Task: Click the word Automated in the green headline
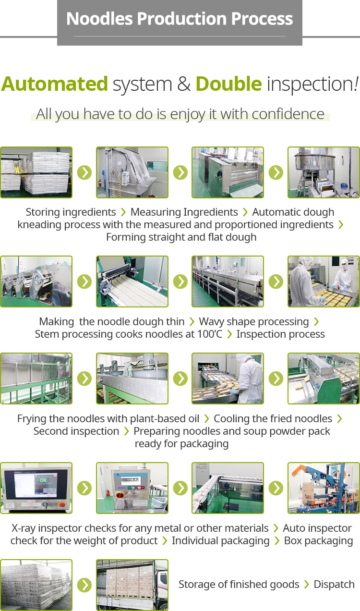click(55, 84)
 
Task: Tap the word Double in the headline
click(229, 84)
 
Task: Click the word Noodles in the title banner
click(99, 19)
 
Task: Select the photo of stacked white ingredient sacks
click(36, 172)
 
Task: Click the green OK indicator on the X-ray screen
click(43, 480)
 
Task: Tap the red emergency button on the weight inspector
click(120, 495)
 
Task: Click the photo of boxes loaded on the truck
click(132, 585)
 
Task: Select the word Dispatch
click(334, 584)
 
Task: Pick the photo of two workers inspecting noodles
click(324, 281)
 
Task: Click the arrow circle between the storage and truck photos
click(84, 585)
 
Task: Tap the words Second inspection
click(76, 431)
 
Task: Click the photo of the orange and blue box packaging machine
click(324, 488)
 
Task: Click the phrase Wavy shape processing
click(254, 322)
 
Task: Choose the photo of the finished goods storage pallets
click(36, 585)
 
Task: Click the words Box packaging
click(319, 541)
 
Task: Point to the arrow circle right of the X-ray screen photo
click(84, 488)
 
